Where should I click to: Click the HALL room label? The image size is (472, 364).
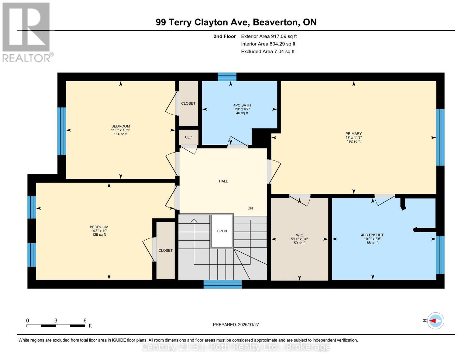tap(223, 181)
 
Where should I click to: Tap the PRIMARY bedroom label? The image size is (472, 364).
tap(353, 134)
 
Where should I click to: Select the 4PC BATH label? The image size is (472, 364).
tap(242, 105)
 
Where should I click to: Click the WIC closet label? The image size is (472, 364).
tap(299, 235)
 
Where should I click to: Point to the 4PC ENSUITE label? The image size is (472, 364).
tap(372, 235)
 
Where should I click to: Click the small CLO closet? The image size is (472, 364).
tap(188, 137)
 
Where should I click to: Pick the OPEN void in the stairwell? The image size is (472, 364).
tap(222, 231)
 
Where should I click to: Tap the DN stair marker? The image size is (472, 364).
tap(250, 208)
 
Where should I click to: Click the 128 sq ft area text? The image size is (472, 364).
tap(99, 235)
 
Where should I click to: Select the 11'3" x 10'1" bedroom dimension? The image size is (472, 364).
tap(120, 130)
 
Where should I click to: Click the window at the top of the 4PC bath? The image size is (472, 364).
tap(227, 77)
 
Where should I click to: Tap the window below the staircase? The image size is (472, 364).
tap(222, 285)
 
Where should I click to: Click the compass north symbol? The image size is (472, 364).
tap(436, 321)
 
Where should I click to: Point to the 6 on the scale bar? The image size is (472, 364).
tap(85, 320)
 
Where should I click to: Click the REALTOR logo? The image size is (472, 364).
tap(27, 32)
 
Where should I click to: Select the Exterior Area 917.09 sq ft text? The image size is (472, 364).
tap(269, 36)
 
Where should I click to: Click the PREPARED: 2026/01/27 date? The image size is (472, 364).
tap(236, 325)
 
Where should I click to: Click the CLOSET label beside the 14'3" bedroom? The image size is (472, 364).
tap(165, 251)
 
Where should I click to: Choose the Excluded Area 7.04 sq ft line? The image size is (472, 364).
tap(267, 52)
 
